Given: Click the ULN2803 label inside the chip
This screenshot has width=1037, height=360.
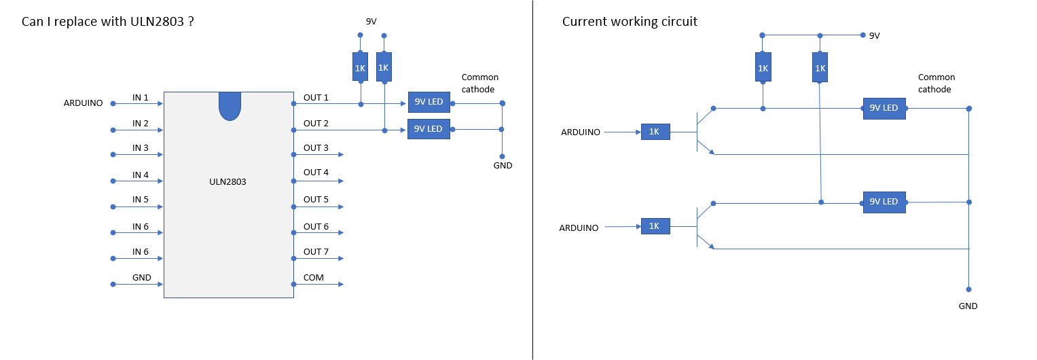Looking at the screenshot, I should point(228,181).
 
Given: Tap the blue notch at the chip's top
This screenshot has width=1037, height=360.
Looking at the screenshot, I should point(230,106).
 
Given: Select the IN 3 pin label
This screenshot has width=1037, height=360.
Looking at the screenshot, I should point(141,148).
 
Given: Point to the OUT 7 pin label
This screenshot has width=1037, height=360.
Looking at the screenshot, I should point(316,252).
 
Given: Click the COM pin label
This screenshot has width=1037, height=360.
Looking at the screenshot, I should point(314,278).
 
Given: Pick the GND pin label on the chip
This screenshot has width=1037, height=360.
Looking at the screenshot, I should point(142,278).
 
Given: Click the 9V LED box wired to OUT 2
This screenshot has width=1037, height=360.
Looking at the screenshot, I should point(429,129).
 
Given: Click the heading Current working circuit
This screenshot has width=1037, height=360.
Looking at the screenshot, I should point(630,22).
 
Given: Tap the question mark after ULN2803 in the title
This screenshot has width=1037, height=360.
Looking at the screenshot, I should point(192,21).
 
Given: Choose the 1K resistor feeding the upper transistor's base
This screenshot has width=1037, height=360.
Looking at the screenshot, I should point(655,132).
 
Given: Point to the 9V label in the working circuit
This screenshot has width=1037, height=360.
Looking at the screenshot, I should point(874,35).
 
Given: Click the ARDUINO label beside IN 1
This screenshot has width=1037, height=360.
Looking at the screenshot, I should point(84,103).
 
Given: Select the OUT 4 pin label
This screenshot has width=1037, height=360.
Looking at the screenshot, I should point(316,173).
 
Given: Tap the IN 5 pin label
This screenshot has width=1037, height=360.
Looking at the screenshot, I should point(141,200).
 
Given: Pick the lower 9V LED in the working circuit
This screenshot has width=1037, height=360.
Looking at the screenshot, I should point(884,202).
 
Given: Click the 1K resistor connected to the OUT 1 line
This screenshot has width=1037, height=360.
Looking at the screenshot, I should point(360,67).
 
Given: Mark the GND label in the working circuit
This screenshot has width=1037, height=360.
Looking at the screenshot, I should point(968,306).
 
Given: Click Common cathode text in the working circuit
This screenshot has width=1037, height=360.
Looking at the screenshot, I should point(936,84).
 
